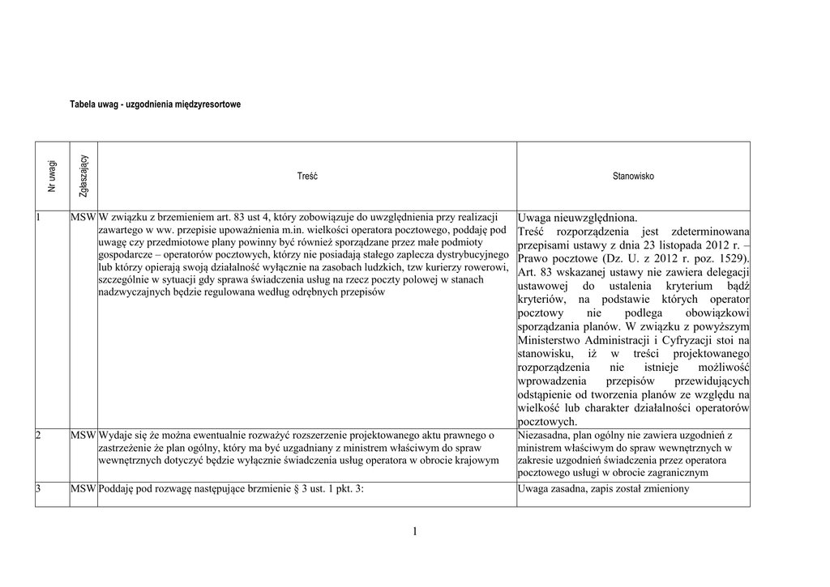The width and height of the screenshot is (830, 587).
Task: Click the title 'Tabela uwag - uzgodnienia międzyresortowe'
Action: tap(155, 104)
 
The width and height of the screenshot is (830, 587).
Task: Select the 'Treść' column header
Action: tap(307, 176)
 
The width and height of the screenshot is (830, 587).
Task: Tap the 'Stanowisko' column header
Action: tap(633, 176)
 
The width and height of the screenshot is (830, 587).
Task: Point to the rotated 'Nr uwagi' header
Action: tap(53, 176)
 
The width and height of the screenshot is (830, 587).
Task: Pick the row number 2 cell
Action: tap(39, 436)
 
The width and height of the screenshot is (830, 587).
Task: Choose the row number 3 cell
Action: tap(39, 489)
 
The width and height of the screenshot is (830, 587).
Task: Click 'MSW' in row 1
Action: tap(83, 217)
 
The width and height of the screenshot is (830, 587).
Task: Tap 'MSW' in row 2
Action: tap(83, 436)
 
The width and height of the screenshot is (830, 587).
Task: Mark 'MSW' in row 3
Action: tap(83, 489)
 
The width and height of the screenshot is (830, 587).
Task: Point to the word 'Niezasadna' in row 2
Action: tap(543, 436)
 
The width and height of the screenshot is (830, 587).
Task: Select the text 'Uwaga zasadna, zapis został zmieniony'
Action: tap(603, 489)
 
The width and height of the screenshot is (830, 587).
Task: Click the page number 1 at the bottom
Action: tap(415, 531)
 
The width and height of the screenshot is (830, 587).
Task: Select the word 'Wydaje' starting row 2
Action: tap(117, 436)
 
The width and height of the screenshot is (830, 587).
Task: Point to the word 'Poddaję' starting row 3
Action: tap(119, 489)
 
